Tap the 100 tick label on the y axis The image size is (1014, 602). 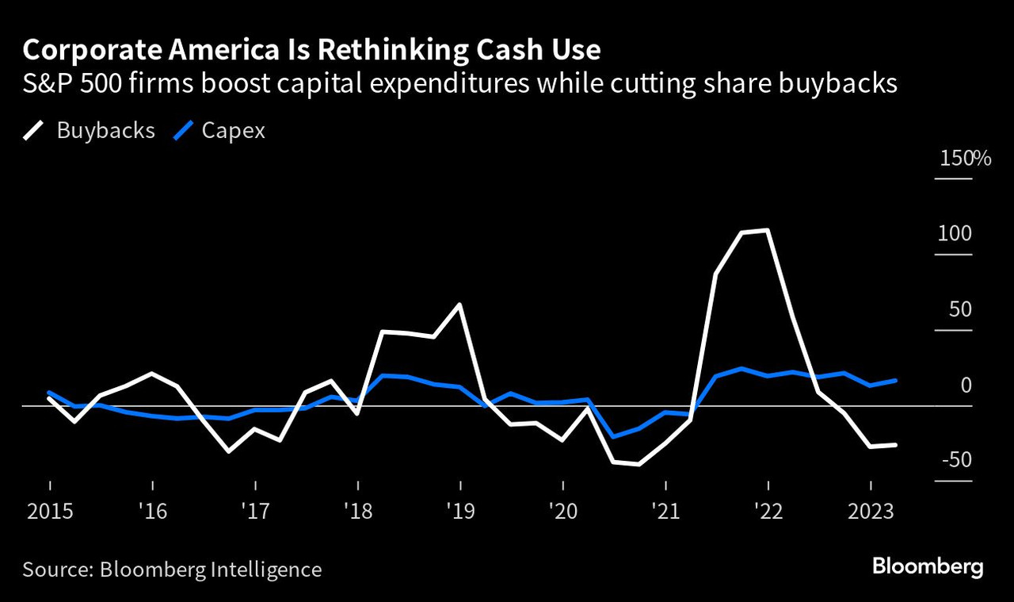point(954,234)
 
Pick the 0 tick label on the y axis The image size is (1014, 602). point(966,385)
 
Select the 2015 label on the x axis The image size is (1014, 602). point(50,511)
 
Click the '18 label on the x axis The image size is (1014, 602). point(358,511)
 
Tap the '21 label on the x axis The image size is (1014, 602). point(665,511)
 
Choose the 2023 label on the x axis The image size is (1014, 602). point(870,511)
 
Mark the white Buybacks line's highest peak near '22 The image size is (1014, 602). point(768,230)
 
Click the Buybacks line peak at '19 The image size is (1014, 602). point(460,304)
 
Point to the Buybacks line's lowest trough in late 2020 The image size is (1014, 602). point(639,465)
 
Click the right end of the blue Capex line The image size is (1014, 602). point(896,381)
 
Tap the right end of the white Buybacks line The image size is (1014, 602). point(896,445)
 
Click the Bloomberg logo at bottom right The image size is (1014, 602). point(928,567)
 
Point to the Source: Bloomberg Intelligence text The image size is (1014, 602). point(172,569)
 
